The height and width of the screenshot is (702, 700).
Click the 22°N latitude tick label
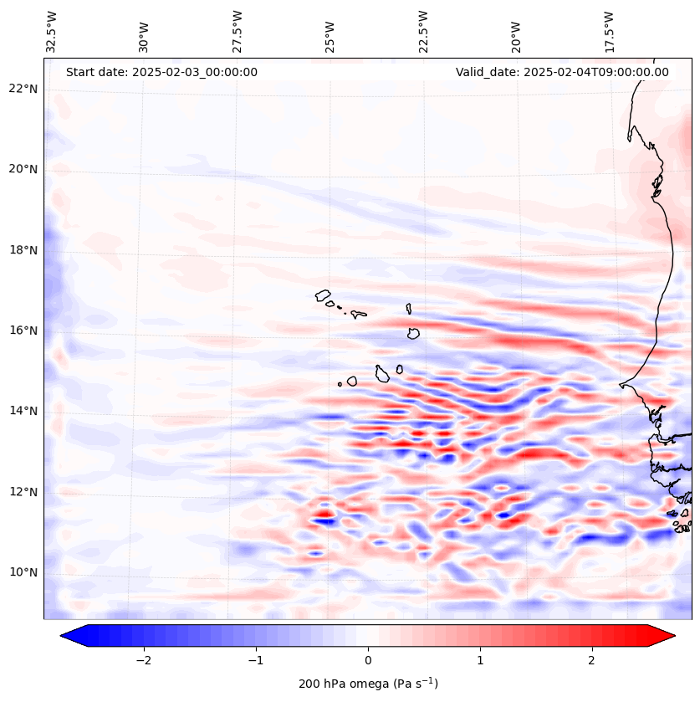23,89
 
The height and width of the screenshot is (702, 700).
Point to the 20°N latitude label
23,169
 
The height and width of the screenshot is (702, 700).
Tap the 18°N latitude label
23,250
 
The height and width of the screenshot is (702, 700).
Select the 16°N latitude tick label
23,331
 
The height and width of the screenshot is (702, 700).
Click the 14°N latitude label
23,411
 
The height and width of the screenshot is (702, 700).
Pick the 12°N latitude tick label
23,492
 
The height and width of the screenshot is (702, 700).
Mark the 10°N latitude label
23,572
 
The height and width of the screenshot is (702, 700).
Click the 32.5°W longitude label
52,32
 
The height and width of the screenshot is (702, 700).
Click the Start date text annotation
161,72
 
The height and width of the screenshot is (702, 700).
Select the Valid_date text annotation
562,72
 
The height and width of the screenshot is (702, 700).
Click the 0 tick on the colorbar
368,659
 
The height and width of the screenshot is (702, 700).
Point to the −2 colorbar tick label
143,659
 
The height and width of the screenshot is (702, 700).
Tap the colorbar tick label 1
480,659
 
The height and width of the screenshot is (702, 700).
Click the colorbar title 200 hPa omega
368,684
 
